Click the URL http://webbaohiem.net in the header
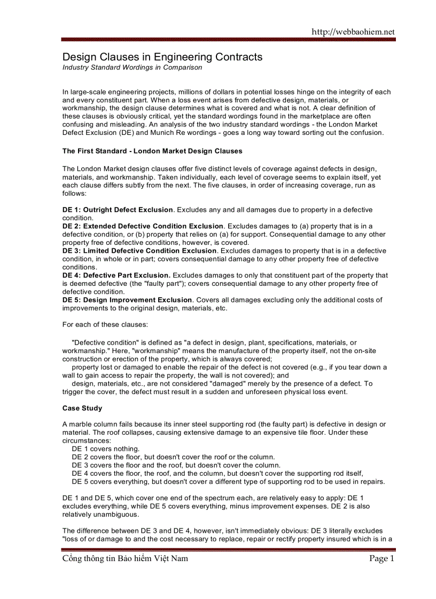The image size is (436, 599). [353, 31]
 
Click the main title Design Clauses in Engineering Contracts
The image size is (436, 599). [162, 57]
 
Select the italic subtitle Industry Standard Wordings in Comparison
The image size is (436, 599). [133, 68]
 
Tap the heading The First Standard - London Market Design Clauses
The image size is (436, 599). [152, 151]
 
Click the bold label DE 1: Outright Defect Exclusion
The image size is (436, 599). [118, 210]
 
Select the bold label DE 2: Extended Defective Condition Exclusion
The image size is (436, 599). [143, 226]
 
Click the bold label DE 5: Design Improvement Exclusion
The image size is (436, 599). [127, 300]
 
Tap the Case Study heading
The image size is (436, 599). [82, 408]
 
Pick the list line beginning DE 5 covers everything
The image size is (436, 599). [228, 482]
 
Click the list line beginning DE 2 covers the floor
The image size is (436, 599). [173, 457]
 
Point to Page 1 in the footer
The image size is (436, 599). [381, 559]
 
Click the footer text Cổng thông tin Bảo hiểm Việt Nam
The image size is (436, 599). [125, 559]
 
